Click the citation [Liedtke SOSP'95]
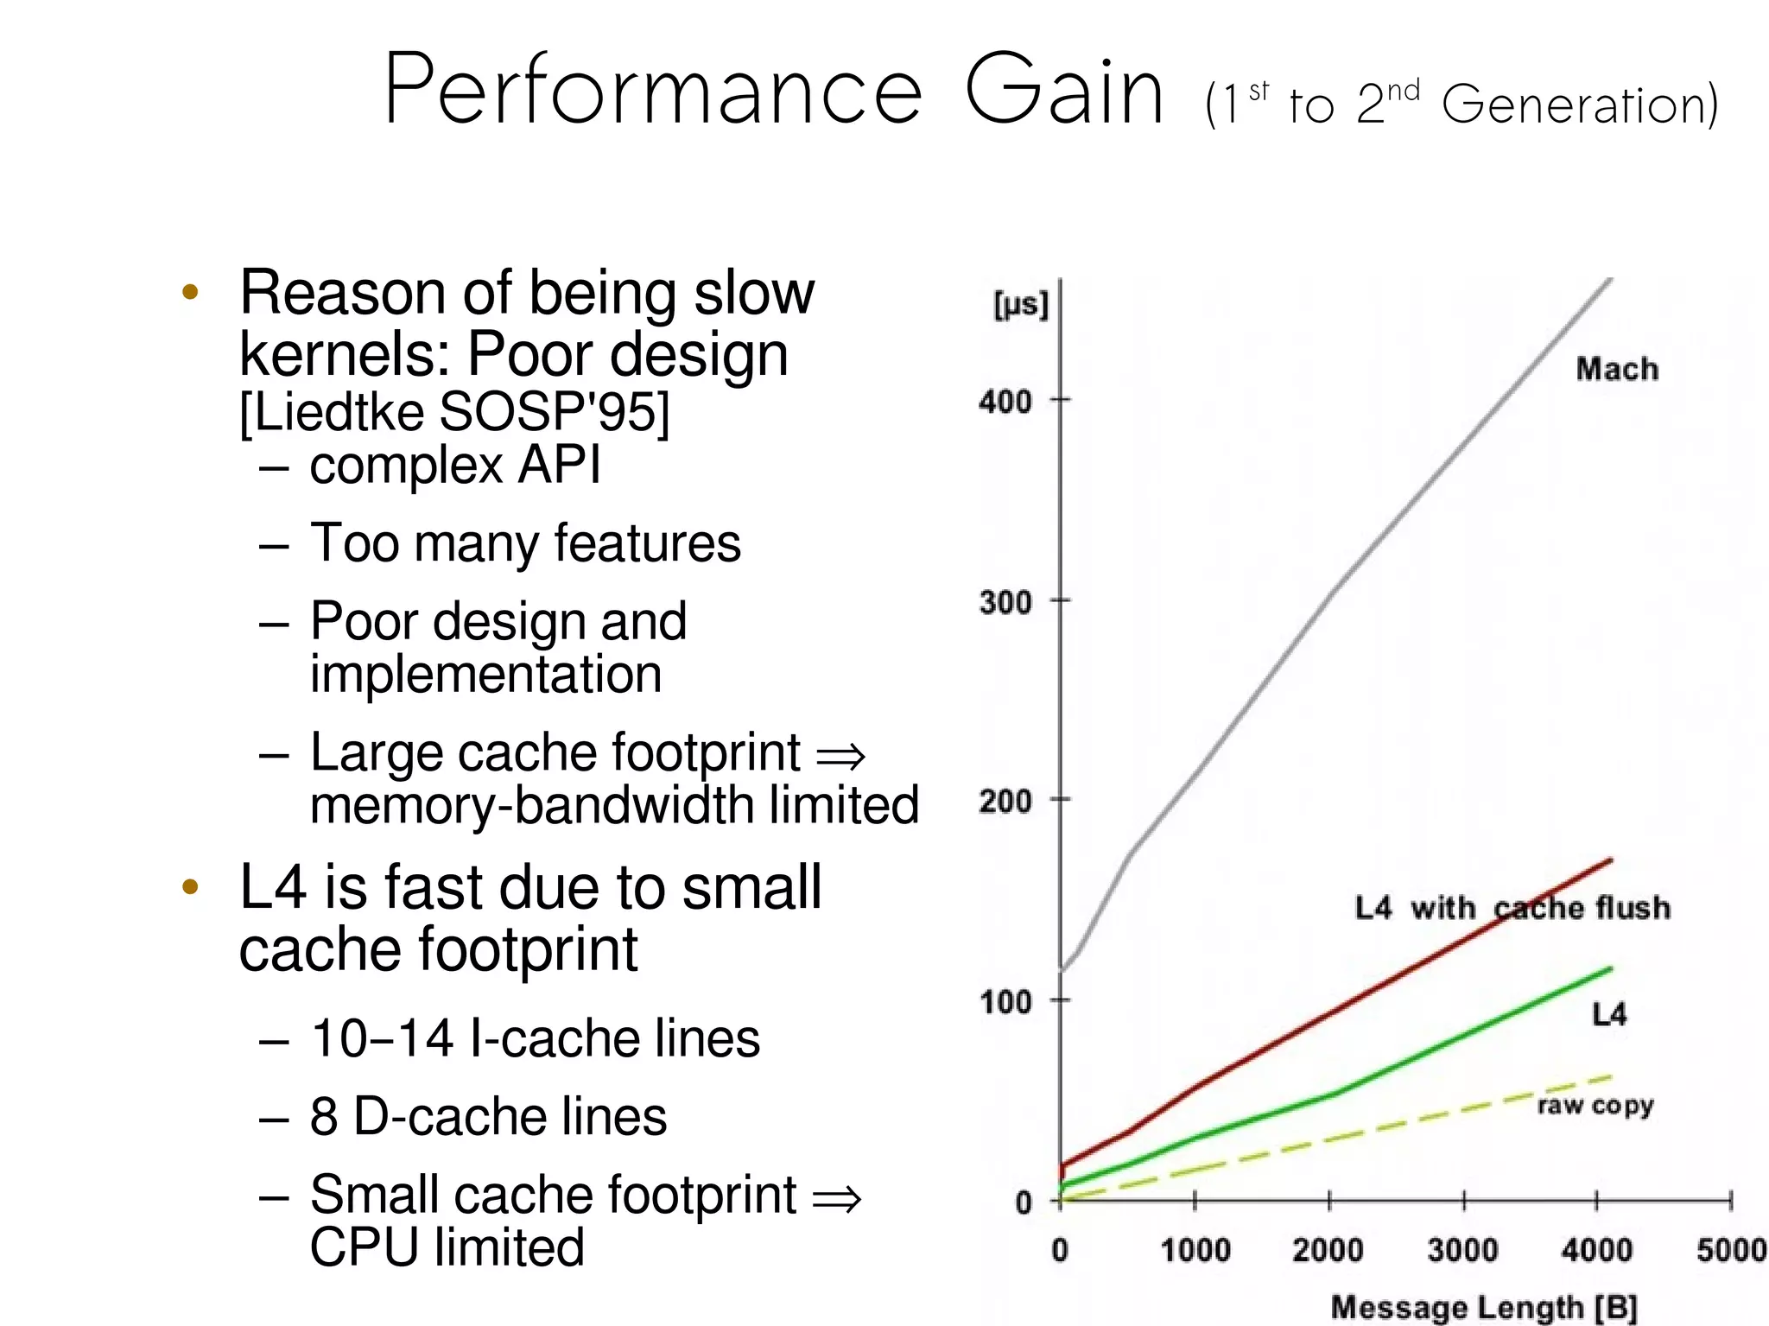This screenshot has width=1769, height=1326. pos(454,411)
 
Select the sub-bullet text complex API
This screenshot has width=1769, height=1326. pos(454,466)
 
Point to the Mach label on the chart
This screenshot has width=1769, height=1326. pos(1616,370)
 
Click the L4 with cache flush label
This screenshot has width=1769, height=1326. pos(1512,908)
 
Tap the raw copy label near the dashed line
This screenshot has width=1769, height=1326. pos(1595,1105)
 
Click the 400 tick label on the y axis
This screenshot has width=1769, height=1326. pos(1005,402)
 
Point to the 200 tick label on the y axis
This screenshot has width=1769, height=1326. pos(1005,802)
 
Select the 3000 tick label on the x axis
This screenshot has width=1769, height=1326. pos(1461,1250)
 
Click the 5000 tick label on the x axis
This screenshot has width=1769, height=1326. pos(1731,1250)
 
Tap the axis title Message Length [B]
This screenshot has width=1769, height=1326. pos(1483,1307)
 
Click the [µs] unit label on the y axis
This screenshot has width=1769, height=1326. pos(1020,304)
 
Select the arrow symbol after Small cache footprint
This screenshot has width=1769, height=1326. pos(836,1199)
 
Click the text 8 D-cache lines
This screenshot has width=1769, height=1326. pos(488,1116)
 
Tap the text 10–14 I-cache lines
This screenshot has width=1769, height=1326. pos(535,1038)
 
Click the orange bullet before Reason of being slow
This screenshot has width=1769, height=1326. pos(191,292)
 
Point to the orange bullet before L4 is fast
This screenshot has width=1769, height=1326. pos(191,887)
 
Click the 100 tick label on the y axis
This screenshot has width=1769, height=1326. pos(1005,1002)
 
